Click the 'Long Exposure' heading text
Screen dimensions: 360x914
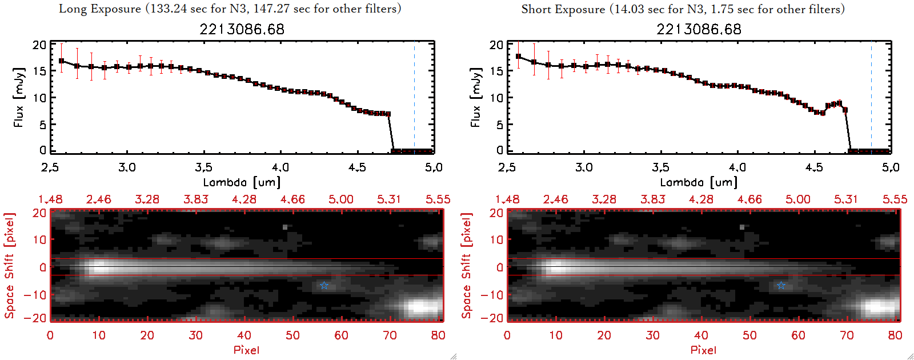(100, 9)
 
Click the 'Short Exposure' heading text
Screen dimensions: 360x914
(563, 9)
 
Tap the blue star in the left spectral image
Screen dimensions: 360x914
(324, 285)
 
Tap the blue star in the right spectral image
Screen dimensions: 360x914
(781, 285)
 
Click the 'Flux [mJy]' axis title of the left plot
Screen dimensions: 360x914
(19, 97)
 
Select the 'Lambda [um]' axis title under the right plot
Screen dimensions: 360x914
(699, 182)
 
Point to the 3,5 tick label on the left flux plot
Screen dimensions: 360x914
(203, 167)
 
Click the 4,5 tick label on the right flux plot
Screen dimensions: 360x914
(814, 167)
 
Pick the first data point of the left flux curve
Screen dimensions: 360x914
(61, 61)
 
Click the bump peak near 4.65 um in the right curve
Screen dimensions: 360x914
(839, 103)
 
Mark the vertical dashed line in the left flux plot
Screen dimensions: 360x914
(414, 97)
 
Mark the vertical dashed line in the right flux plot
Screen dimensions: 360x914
(871, 97)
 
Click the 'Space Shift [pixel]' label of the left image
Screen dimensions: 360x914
(10, 266)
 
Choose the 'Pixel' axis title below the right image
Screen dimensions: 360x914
(703, 350)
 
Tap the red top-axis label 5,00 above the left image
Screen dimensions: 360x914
(341, 199)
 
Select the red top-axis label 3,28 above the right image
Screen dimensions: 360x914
(604, 199)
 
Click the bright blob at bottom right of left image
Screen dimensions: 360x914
(421, 307)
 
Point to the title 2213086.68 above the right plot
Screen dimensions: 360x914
(699, 29)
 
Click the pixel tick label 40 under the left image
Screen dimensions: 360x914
(244, 335)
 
